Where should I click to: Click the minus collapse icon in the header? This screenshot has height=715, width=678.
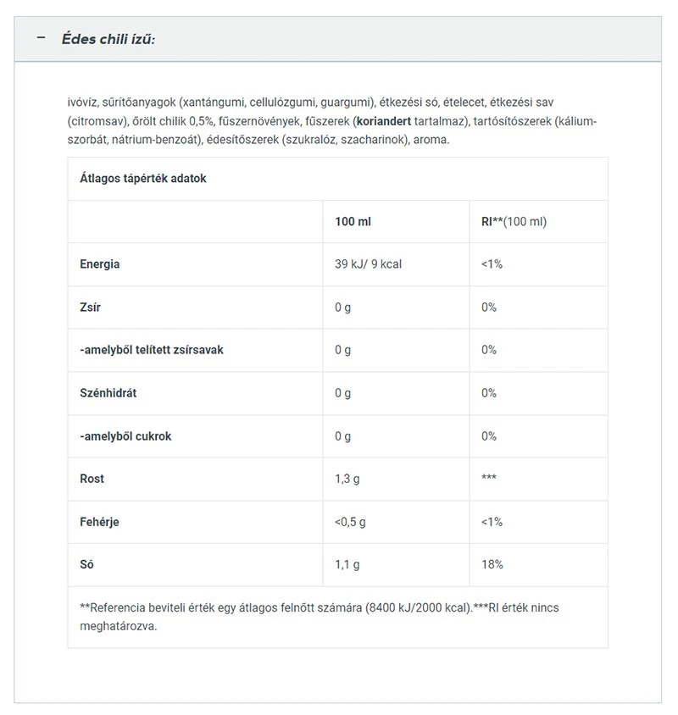[41, 39]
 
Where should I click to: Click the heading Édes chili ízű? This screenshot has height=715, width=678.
[108, 40]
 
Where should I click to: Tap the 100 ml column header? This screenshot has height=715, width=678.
[353, 221]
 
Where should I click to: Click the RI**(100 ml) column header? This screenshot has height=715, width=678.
[514, 221]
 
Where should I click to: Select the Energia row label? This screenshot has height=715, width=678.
[100, 264]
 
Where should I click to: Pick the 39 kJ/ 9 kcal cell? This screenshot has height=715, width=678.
[368, 264]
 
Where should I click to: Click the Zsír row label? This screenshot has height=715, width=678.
[90, 308]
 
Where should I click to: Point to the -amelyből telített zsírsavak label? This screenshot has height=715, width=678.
[152, 350]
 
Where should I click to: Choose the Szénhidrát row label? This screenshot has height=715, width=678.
[109, 393]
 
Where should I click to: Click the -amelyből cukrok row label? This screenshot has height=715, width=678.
[125, 436]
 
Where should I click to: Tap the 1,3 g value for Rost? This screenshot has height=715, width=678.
[347, 479]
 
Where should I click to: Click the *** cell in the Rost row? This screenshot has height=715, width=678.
[488, 479]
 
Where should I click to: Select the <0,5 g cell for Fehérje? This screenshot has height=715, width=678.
[350, 522]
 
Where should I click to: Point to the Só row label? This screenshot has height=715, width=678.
[87, 564]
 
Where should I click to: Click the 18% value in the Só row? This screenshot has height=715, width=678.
[492, 564]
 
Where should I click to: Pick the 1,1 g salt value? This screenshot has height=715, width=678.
[347, 564]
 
